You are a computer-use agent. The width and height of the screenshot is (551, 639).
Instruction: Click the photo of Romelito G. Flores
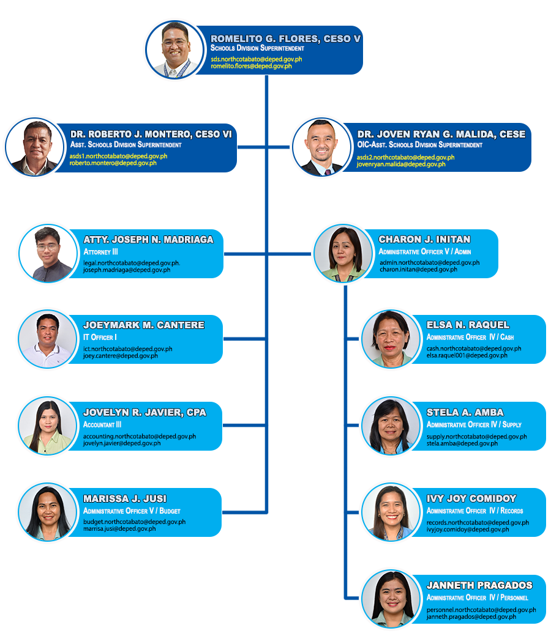coord(174,51)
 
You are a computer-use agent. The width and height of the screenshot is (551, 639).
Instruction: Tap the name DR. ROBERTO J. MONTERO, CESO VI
coord(151,134)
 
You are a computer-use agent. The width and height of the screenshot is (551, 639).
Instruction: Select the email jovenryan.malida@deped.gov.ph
coord(401,164)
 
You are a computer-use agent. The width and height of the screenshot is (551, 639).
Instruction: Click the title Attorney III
coord(100,251)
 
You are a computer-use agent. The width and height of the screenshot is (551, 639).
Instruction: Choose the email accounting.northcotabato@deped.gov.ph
coord(140,437)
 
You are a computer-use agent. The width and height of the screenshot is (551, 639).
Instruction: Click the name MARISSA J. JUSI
coord(125,498)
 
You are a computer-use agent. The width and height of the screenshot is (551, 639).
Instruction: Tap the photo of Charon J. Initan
coord(342,253)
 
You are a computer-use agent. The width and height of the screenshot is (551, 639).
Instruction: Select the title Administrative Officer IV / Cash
coord(470,337)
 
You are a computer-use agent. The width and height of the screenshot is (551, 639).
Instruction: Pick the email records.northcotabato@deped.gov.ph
coord(478,523)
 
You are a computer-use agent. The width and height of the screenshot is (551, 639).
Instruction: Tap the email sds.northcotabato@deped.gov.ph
coord(256,59)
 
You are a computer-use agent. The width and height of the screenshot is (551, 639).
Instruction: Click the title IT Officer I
coord(100,337)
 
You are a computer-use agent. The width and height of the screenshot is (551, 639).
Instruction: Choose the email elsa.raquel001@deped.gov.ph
coord(467,355)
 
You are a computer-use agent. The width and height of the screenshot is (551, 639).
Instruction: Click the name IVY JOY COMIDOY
coord(471,498)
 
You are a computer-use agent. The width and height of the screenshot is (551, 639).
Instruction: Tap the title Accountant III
coord(102,424)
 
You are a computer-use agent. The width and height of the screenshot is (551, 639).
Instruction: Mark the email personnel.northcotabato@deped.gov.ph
coord(481,610)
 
